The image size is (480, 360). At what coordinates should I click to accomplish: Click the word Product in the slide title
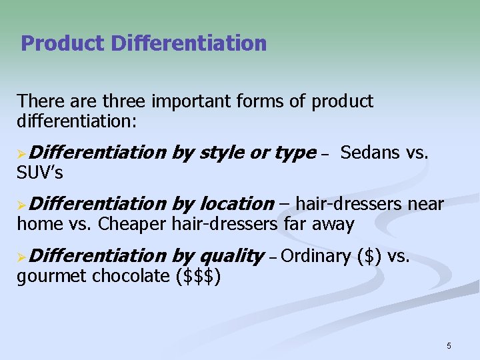click(x=63, y=44)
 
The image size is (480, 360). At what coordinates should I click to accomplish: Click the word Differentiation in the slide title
click(x=189, y=44)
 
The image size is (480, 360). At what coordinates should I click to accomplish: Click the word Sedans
click(x=370, y=153)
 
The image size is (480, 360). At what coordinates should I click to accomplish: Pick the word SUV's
click(x=40, y=173)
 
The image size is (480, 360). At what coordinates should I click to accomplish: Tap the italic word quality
click(x=233, y=255)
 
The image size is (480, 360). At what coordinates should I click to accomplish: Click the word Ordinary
click(x=317, y=255)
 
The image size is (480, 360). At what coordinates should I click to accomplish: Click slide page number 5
click(x=449, y=345)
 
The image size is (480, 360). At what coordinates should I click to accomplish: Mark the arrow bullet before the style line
click(x=22, y=153)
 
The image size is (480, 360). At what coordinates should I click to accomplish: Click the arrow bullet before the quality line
click(x=22, y=256)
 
